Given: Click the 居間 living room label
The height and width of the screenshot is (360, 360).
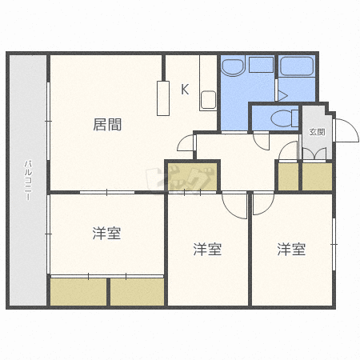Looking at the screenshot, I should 107,124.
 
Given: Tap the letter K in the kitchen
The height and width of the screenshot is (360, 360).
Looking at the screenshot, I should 184,89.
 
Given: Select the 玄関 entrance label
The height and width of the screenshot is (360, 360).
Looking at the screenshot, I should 316,132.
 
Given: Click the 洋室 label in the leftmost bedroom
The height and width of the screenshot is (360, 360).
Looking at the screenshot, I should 106,234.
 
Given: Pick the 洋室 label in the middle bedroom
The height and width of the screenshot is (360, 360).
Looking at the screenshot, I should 207,250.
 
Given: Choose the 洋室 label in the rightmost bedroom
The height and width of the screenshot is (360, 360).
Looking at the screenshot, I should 291,250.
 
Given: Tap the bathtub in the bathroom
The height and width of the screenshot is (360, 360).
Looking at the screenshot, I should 297,67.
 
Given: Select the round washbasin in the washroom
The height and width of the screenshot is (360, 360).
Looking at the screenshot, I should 234,69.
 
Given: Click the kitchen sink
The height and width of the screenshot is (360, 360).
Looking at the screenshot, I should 208,100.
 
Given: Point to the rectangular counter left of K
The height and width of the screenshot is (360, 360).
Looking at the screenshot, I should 164,98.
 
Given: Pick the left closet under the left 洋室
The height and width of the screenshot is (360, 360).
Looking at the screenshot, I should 78,291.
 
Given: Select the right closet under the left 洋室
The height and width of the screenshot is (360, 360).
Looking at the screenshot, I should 137,291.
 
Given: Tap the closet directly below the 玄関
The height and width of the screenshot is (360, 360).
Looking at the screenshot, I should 317,177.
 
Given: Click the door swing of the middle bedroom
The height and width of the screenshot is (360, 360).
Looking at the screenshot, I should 235,206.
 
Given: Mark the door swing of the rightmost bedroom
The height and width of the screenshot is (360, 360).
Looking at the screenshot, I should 263,206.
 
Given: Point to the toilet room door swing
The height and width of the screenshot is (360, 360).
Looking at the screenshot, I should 261,141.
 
